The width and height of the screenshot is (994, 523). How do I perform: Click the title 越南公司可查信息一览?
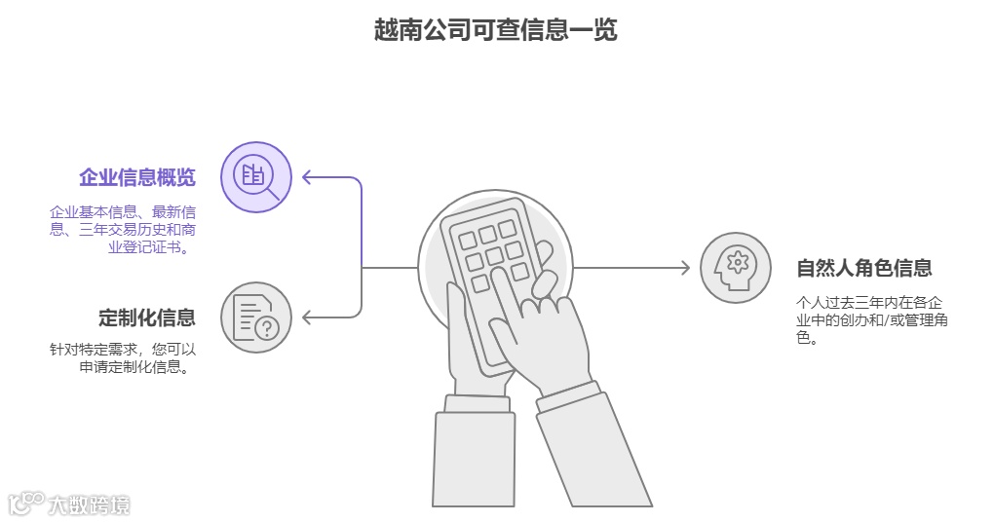point(496,30)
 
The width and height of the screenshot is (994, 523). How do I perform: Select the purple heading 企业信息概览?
point(137,177)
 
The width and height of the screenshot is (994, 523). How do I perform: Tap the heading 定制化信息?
point(147,318)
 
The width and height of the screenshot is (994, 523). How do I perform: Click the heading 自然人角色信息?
point(864,268)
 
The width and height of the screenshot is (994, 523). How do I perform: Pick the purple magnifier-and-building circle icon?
point(256,177)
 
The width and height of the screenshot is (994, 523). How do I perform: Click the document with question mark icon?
point(256,318)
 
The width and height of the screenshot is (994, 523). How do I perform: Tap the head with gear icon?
point(736,268)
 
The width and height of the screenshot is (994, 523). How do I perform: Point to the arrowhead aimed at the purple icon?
point(307,177)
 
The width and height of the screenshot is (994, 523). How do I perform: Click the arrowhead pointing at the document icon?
point(307,318)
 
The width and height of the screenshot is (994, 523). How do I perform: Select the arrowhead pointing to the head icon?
point(685,268)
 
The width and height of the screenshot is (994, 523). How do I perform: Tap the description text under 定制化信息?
point(123,357)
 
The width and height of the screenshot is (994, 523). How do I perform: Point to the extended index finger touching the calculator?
point(507,292)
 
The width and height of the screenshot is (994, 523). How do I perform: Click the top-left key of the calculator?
point(467,240)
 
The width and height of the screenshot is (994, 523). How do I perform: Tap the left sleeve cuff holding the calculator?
point(476,403)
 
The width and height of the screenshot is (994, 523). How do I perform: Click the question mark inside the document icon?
point(268,328)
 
